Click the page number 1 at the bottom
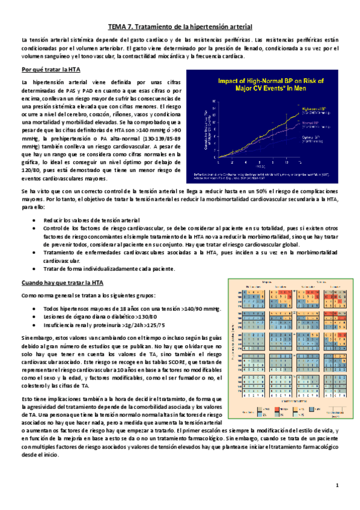[x=337, y=485]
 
